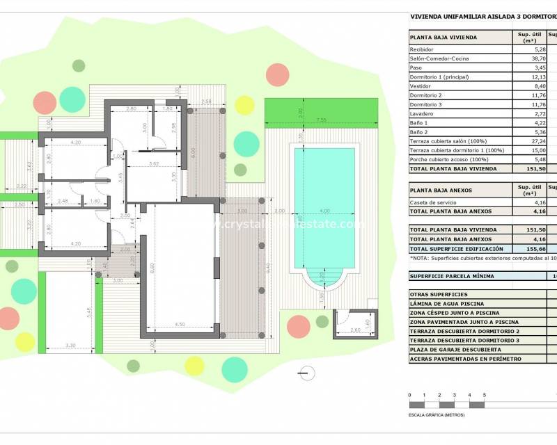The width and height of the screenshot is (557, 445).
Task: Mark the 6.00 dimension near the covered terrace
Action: pyautogui.click(x=192, y=152)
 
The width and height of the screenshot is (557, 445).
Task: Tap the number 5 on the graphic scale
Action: pyautogui.click(x=484, y=395)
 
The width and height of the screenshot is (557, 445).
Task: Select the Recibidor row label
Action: pyautogui.click(x=423, y=50)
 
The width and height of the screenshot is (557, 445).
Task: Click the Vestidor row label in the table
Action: pyautogui.click(x=422, y=86)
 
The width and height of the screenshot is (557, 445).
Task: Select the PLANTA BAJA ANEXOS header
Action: pyautogui.click(x=441, y=190)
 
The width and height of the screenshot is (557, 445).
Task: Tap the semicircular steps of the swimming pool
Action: pyautogui.click(x=322, y=280)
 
